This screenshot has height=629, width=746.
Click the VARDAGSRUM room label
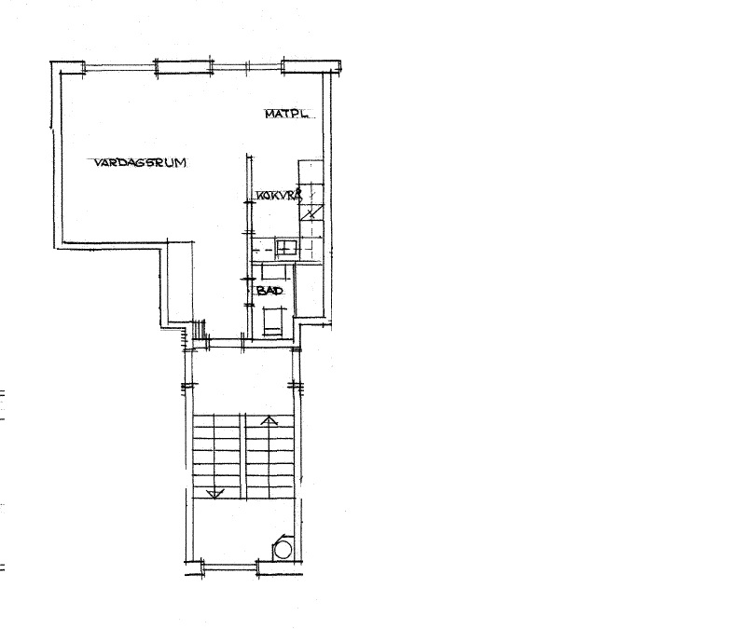tap(140, 162)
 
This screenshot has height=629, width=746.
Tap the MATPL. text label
tap(287, 114)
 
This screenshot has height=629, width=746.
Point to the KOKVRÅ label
tap(279, 196)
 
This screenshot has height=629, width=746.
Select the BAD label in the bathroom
tap(269, 290)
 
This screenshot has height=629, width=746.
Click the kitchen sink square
tap(287, 248)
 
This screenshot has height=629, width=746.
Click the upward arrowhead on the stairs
tap(269, 420)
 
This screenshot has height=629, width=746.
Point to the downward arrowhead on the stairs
tap(215, 494)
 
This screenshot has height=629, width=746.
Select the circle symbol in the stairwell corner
tap(283, 550)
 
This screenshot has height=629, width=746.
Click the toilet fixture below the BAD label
tap(273, 321)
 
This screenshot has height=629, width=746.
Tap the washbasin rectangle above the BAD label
tap(276, 272)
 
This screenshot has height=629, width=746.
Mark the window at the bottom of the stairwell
tap(230, 567)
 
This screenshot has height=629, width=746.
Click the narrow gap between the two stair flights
tap(242, 457)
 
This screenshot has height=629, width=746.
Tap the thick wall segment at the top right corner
tap(311, 66)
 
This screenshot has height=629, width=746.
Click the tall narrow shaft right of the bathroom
tap(310, 290)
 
